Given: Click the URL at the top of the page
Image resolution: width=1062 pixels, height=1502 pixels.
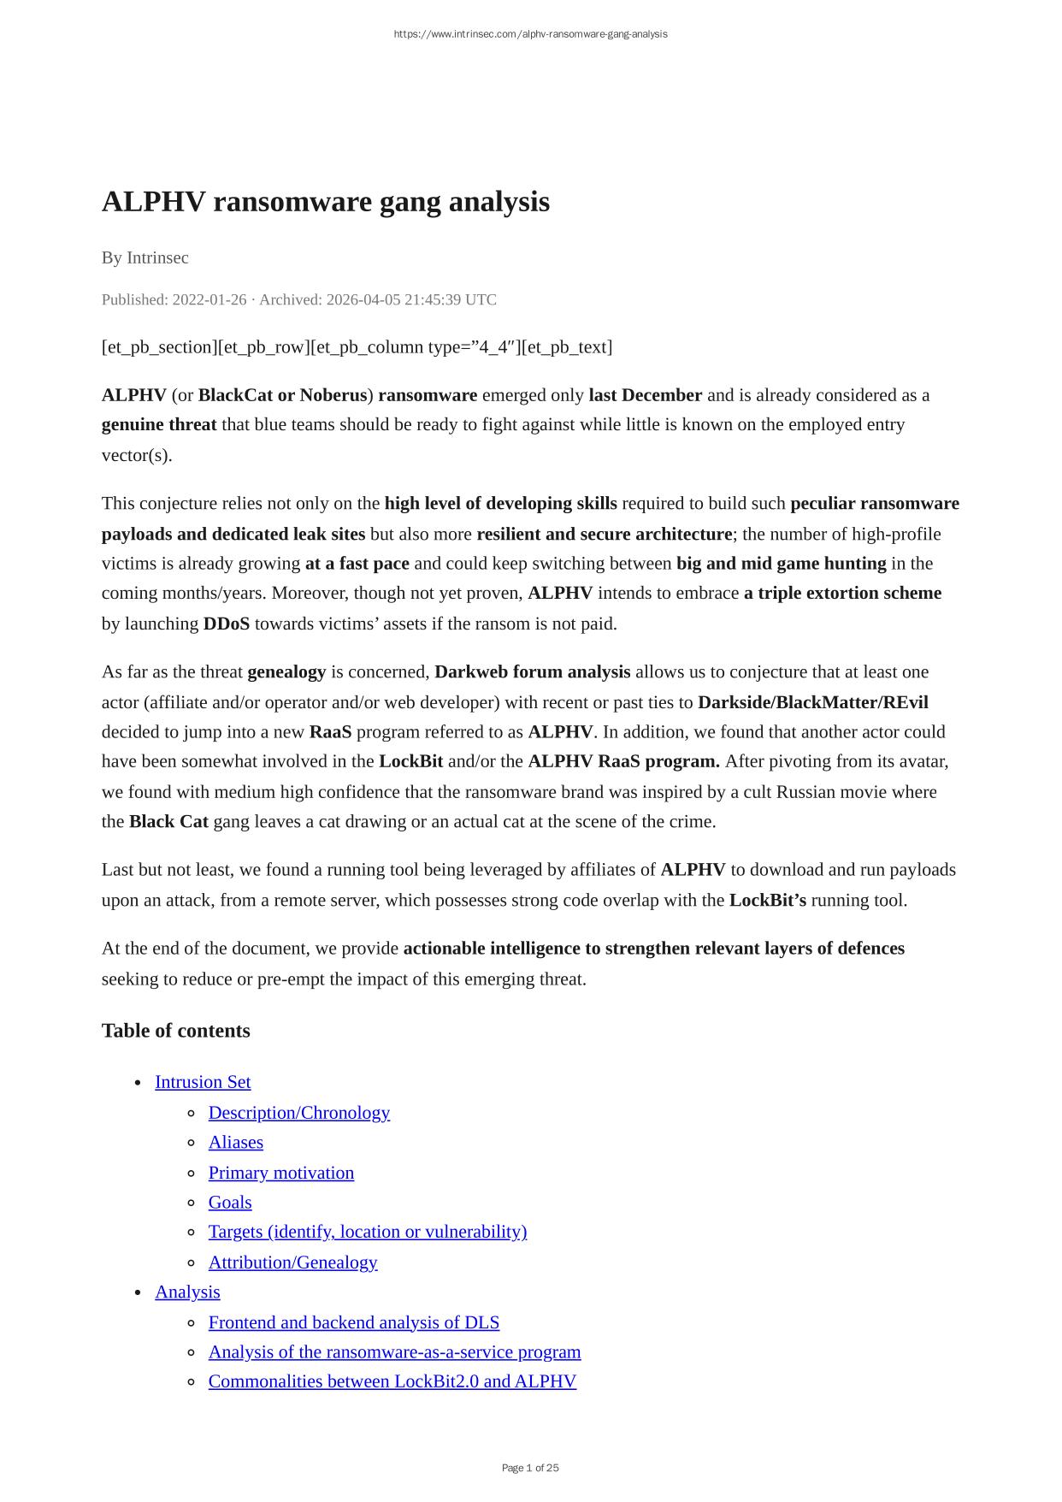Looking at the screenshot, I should (530, 34).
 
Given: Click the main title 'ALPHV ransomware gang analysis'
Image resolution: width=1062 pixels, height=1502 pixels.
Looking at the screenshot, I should (326, 202).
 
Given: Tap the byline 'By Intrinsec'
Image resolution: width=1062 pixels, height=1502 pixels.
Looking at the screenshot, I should (145, 257).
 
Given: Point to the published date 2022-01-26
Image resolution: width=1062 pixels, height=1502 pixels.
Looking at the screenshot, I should (209, 299).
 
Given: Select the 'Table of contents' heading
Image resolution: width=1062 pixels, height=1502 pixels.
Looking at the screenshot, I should (176, 1031).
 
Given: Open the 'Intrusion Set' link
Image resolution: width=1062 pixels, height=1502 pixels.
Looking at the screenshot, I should (203, 1082).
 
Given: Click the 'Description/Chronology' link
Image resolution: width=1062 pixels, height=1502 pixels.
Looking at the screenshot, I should (299, 1113).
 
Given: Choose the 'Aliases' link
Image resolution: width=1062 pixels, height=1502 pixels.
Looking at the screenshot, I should (236, 1143).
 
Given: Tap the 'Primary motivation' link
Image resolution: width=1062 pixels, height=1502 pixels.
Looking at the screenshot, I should (281, 1173).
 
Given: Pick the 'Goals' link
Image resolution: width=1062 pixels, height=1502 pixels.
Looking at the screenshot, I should (230, 1203).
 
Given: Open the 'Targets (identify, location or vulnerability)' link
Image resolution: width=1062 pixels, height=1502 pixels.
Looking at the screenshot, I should (368, 1232).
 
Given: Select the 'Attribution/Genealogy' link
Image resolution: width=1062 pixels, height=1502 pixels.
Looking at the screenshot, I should (292, 1263).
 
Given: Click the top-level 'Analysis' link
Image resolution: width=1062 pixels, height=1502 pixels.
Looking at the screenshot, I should (187, 1292).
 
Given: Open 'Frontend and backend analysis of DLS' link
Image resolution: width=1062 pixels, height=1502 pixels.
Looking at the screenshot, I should (354, 1322).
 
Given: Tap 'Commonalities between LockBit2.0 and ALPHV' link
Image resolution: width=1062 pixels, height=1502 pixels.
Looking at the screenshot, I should (392, 1381).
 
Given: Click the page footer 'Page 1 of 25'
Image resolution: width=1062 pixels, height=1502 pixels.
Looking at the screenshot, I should (530, 1468).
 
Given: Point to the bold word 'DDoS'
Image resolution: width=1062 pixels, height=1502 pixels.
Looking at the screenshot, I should (227, 624).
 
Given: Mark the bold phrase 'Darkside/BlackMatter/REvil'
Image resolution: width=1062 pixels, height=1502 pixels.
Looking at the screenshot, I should (812, 702).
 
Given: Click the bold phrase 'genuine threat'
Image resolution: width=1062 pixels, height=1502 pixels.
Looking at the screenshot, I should (159, 425).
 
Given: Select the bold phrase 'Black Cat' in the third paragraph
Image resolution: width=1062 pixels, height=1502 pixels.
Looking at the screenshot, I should (168, 822).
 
